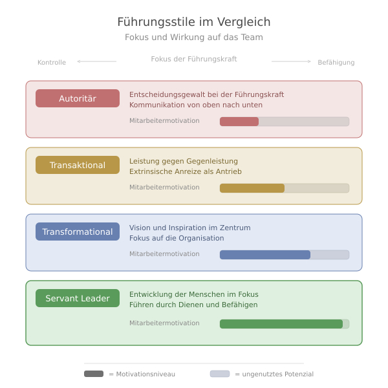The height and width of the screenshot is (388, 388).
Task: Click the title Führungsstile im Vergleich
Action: (x=194, y=22)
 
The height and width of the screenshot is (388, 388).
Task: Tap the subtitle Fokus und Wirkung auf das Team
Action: (x=194, y=37)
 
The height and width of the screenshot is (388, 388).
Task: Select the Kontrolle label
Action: (x=52, y=62)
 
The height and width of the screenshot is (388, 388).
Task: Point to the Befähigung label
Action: (x=336, y=62)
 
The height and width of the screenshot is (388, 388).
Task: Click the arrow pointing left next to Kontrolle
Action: (x=97, y=61)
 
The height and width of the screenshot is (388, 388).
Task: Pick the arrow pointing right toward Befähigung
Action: (x=291, y=61)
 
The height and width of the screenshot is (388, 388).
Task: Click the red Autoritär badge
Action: (x=78, y=98)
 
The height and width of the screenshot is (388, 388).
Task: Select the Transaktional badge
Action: (x=78, y=165)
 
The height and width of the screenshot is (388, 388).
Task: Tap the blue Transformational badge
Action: (x=78, y=232)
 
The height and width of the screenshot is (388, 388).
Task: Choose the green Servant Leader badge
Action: (x=78, y=298)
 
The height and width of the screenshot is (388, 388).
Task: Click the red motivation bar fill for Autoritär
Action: (x=239, y=122)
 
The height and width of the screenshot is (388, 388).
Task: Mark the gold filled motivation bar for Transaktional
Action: (x=252, y=188)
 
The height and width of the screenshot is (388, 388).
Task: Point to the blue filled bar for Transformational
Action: (x=265, y=255)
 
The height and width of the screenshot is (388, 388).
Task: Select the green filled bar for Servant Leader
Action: (x=281, y=324)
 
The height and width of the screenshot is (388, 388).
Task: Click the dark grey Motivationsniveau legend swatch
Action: (x=94, y=374)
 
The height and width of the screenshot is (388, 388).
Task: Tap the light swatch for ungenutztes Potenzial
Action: (x=220, y=374)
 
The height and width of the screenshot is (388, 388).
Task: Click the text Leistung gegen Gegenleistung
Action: (x=184, y=161)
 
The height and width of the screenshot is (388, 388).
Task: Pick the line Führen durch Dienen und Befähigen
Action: (x=193, y=305)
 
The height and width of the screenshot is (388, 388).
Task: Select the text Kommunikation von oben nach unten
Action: (x=196, y=105)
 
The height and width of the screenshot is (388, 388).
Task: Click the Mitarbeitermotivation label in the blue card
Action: (x=164, y=254)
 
